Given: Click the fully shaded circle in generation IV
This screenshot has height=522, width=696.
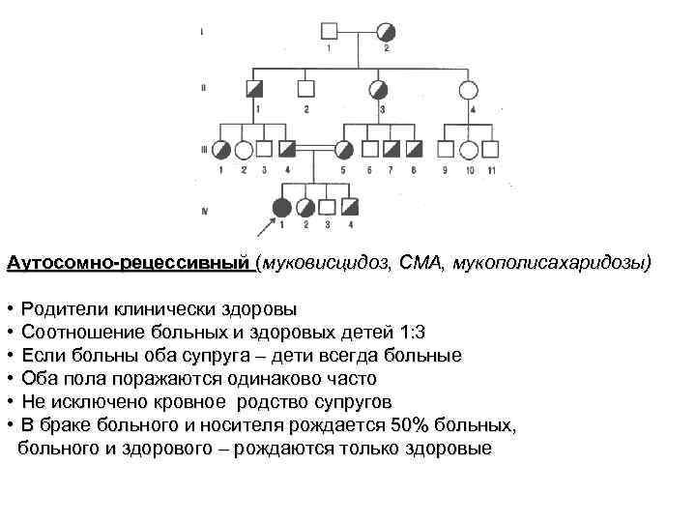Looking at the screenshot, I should pos(281,207).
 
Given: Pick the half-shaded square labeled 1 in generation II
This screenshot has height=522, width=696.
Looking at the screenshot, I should pos(257,90).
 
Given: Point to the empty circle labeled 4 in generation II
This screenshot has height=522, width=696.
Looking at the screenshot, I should pos(469,90).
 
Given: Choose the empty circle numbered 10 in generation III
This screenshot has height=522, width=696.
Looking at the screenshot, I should pos(469,149).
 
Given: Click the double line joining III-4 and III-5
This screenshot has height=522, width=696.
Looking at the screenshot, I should pos(315,149).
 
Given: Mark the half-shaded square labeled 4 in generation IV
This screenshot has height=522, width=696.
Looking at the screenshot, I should pos(350,207).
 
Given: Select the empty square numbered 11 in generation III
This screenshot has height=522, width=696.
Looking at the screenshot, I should pos(492,149).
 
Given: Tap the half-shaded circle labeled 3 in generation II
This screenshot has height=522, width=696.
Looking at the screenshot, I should pos(380,90).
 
